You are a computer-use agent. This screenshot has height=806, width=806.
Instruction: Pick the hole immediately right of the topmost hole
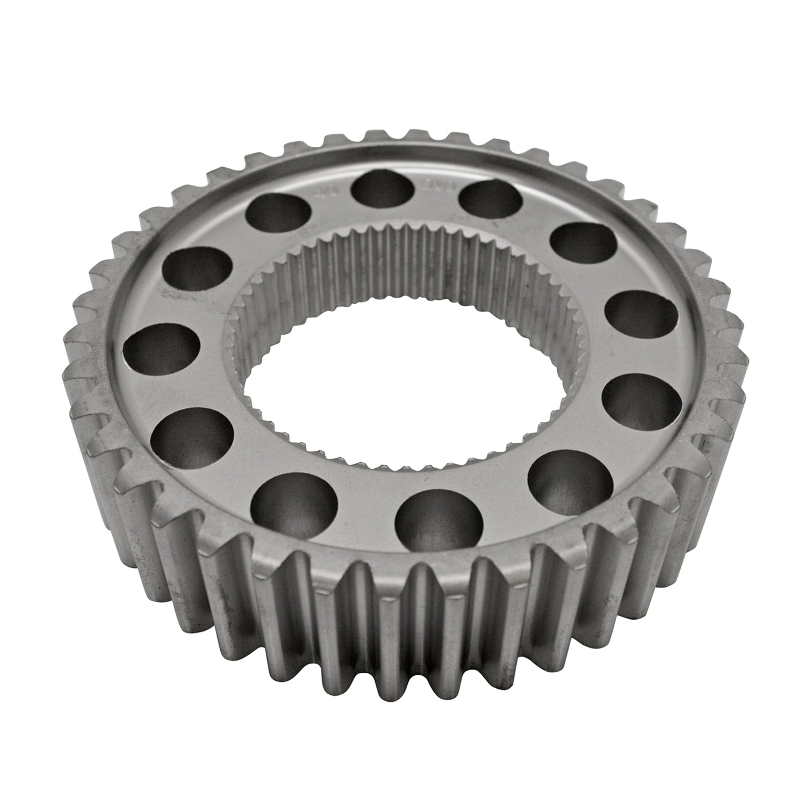coord(490,201)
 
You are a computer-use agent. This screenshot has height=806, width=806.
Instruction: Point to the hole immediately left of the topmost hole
coord(275,213)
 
